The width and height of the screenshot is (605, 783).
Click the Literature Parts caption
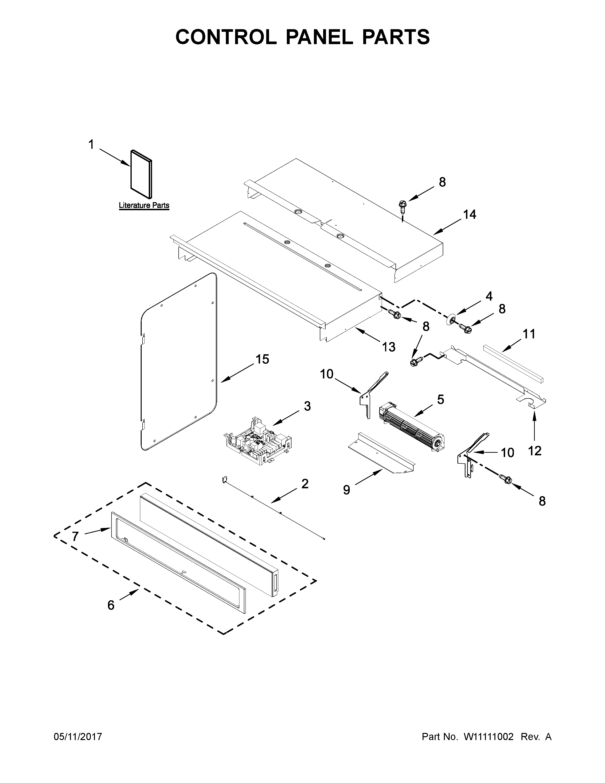click(x=144, y=205)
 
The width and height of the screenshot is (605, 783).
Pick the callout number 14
click(x=470, y=214)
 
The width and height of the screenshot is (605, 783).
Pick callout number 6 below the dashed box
click(x=111, y=605)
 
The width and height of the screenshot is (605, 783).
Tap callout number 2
click(x=305, y=484)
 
